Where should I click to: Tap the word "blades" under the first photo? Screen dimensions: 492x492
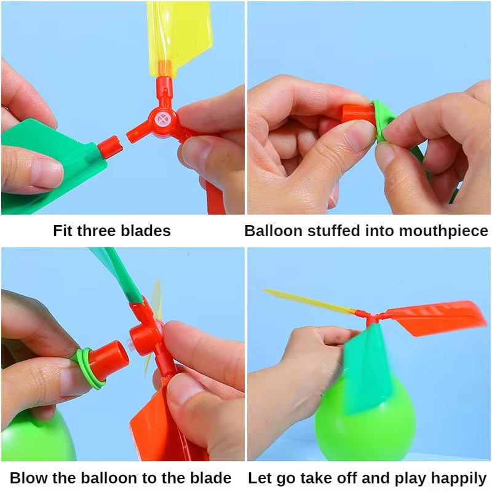145,231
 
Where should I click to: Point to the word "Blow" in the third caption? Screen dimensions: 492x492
30,478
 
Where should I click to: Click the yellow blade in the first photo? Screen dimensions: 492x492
180,34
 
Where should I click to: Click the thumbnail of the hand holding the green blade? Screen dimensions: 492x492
44,174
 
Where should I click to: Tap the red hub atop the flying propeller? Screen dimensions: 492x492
371,317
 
